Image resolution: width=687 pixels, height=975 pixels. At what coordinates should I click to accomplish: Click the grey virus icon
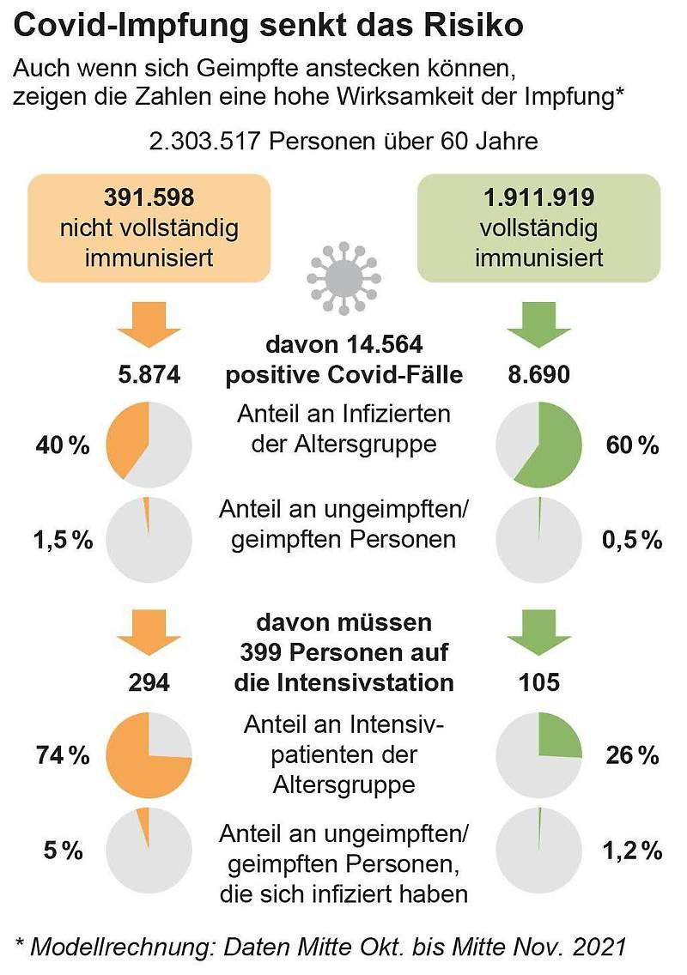(x=343, y=279)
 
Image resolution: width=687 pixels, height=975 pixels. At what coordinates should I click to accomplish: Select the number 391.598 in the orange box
(x=149, y=197)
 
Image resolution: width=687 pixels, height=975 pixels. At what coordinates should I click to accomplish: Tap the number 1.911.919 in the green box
(x=539, y=197)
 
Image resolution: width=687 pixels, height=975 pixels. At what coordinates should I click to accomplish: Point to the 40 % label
(x=63, y=445)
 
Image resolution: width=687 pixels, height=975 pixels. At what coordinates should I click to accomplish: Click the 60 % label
(x=632, y=445)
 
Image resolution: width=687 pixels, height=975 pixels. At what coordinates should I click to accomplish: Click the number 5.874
(x=149, y=374)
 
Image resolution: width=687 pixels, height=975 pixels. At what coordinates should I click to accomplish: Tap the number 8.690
(x=539, y=374)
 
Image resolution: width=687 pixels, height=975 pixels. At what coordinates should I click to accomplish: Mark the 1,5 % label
(x=63, y=540)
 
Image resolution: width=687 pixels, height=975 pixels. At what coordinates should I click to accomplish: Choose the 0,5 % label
(x=632, y=540)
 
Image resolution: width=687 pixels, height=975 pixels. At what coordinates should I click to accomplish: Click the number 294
(x=149, y=682)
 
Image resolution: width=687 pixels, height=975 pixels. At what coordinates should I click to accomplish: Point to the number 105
(x=539, y=682)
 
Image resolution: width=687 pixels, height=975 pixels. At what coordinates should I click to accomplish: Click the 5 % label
(x=63, y=850)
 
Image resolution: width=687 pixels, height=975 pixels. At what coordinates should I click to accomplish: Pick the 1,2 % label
(x=632, y=850)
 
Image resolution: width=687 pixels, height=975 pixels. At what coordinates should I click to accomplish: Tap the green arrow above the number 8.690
(x=539, y=324)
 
